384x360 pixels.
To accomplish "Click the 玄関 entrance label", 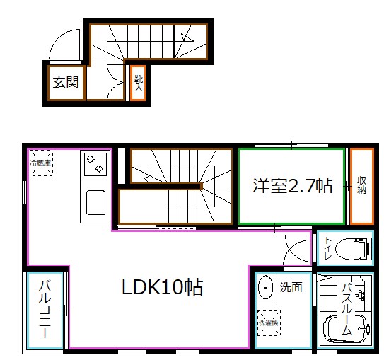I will (66, 81).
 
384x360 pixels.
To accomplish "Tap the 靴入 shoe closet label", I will (139, 83).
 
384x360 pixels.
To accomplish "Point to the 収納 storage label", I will (361, 186).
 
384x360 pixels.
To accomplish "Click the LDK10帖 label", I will (163, 287).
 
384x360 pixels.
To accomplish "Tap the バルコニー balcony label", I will (45, 310).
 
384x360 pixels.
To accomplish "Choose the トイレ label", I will (329, 248).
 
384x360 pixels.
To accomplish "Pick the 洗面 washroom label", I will (291, 287).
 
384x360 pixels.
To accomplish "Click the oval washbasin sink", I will (267, 288).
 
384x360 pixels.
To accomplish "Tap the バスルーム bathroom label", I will (347, 309).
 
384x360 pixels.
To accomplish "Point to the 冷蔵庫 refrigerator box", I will (40, 163).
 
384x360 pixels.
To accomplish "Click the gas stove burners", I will (94, 165).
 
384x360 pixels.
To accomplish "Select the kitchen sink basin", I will (95, 203).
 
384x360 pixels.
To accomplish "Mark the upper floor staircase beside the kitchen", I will (177, 187).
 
